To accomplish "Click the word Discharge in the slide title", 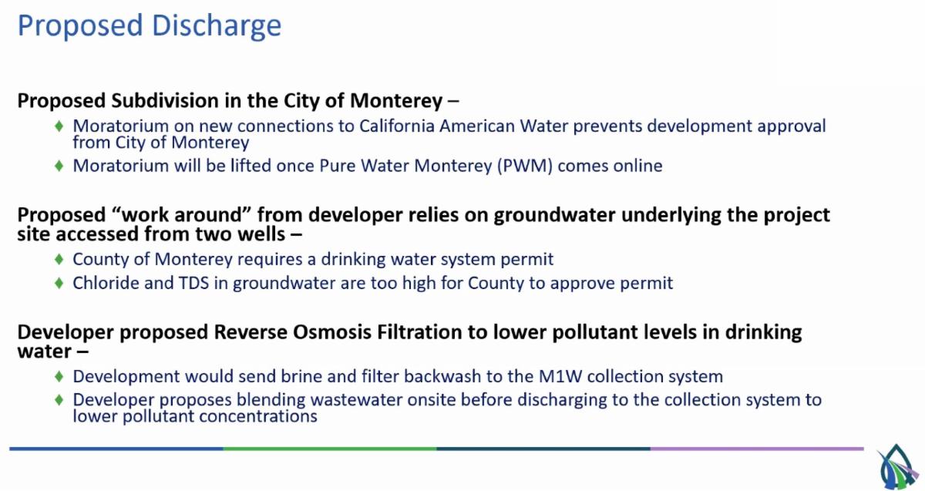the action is [217, 26].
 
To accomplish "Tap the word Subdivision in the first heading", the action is [165, 101].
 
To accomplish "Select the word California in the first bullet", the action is [397, 126].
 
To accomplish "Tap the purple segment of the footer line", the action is [757, 449].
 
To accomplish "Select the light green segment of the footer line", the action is [330, 449].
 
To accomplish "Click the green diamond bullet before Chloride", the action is [59, 284].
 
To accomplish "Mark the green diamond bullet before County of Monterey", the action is [59, 259].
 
